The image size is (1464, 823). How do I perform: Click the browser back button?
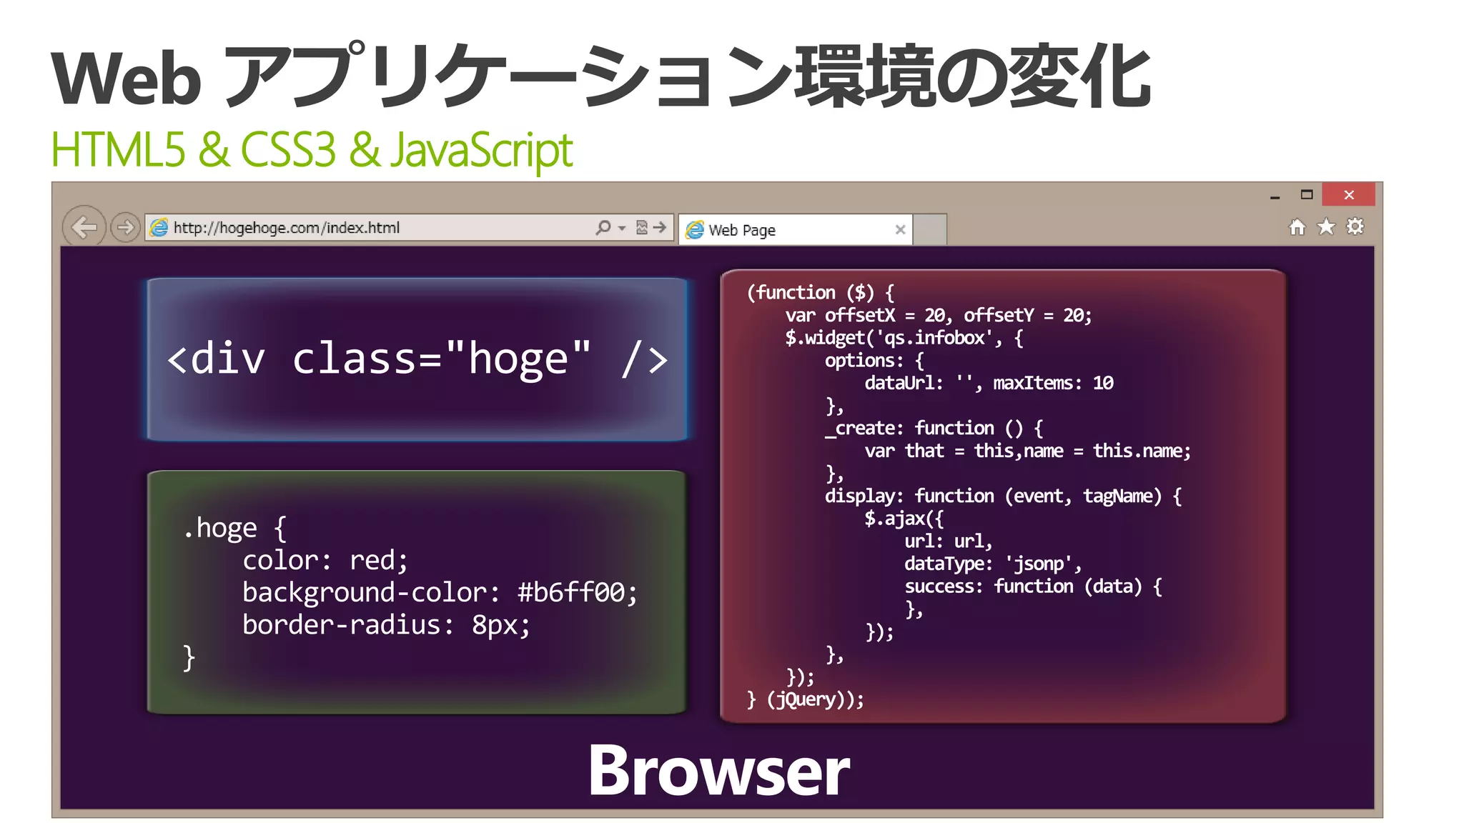[x=84, y=228]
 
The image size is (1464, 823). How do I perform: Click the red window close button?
[x=1348, y=195]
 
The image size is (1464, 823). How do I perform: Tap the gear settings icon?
[x=1355, y=227]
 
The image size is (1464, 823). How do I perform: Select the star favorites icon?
[x=1326, y=227]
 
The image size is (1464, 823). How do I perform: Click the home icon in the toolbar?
[x=1297, y=227]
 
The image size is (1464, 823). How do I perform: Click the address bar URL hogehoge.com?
[x=286, y=228]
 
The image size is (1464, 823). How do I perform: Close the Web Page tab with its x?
[x=900, y=229]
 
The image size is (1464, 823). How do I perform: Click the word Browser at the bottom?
[x=718, y=771]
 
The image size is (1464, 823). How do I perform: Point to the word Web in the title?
[x=127, y=79]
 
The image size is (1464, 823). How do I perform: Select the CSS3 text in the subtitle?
[x=287, y=150]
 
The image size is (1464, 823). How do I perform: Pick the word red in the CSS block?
[x=378, y=560]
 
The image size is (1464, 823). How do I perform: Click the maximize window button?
[x=1307, y=194]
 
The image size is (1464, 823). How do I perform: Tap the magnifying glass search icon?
[x=603, y=227]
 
